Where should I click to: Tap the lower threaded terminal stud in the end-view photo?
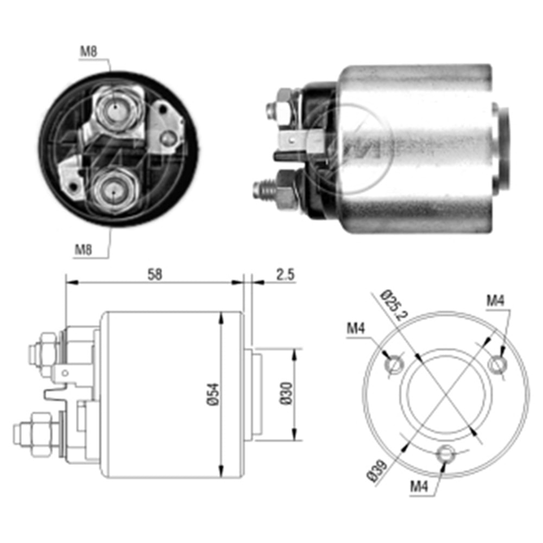(112, 191)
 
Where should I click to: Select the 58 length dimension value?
(155, 274)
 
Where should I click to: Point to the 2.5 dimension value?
(284, 274)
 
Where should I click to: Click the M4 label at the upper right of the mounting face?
(494, 300)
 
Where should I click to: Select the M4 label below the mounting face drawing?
(419, 487)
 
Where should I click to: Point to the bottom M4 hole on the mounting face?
(446, 452)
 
